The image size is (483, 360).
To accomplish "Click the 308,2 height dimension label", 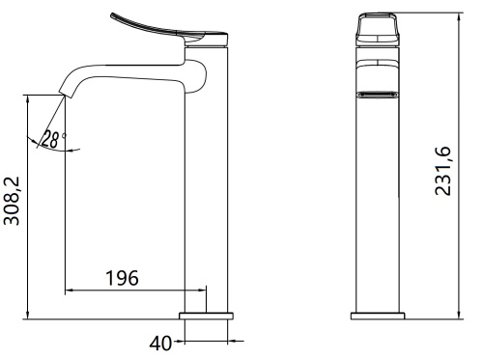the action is tap(12, 201).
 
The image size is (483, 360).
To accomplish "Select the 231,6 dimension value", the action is tap(443, 171).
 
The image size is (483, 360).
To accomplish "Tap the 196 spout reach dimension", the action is tap(123, 278).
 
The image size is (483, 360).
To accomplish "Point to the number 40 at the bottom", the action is tap(160, 344).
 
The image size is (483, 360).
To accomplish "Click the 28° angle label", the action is tap(54, 139).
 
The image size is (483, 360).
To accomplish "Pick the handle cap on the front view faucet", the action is tap(378, 29).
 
